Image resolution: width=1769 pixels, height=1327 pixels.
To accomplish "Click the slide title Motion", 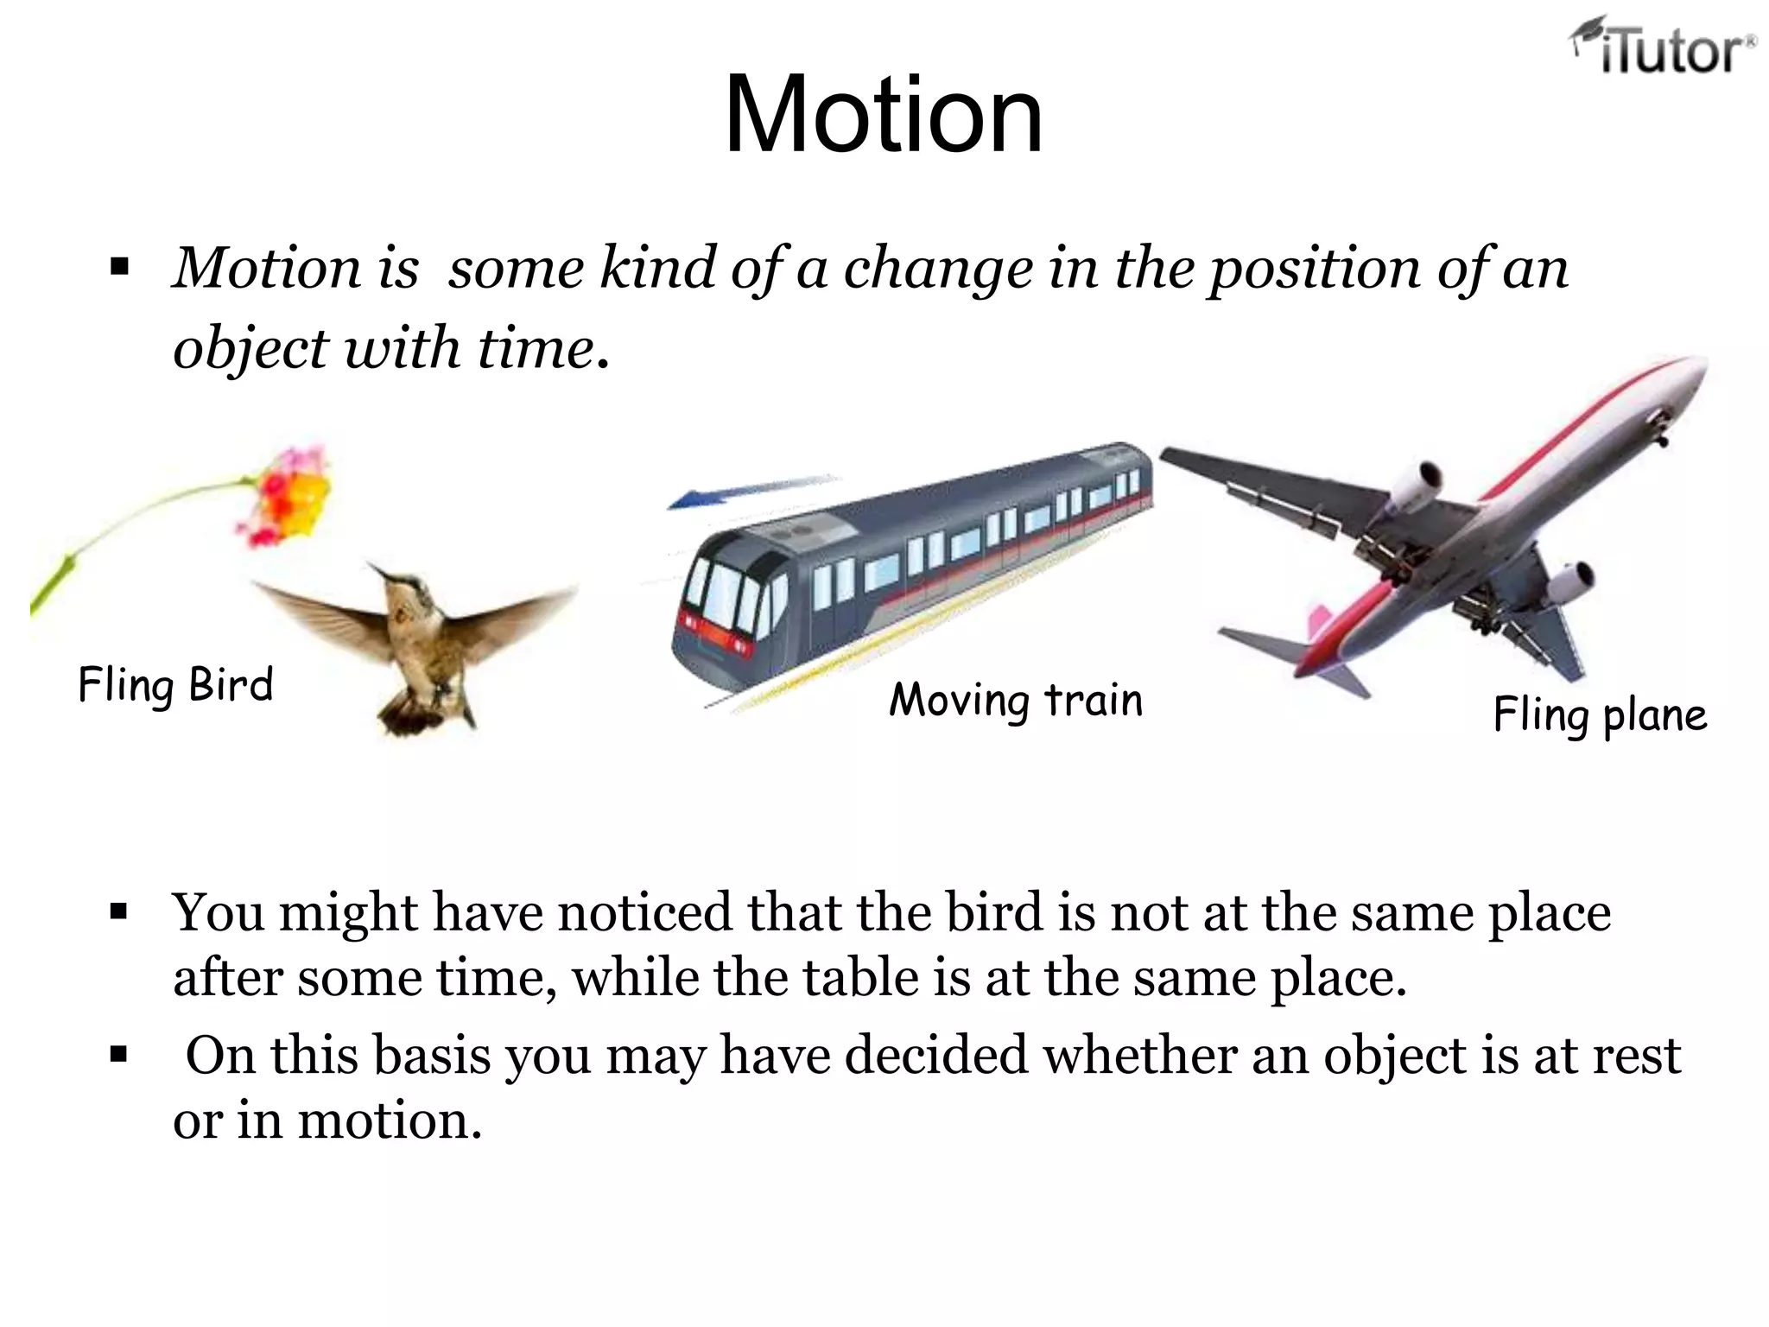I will [884, 115].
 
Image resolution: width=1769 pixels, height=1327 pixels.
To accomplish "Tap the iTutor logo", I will [1663, 48].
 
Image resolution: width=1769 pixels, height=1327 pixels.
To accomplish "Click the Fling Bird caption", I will [175, 686].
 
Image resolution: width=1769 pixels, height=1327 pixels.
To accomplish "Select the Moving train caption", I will [1016, 700].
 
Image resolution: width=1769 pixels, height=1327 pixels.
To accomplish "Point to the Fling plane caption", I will [1600, 715].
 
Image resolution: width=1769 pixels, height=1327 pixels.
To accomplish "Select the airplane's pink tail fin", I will [1320, 622].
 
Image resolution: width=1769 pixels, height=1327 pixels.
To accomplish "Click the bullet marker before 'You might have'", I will [119, 911].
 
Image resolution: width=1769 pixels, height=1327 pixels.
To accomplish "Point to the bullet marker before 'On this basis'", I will [119, 1055].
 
